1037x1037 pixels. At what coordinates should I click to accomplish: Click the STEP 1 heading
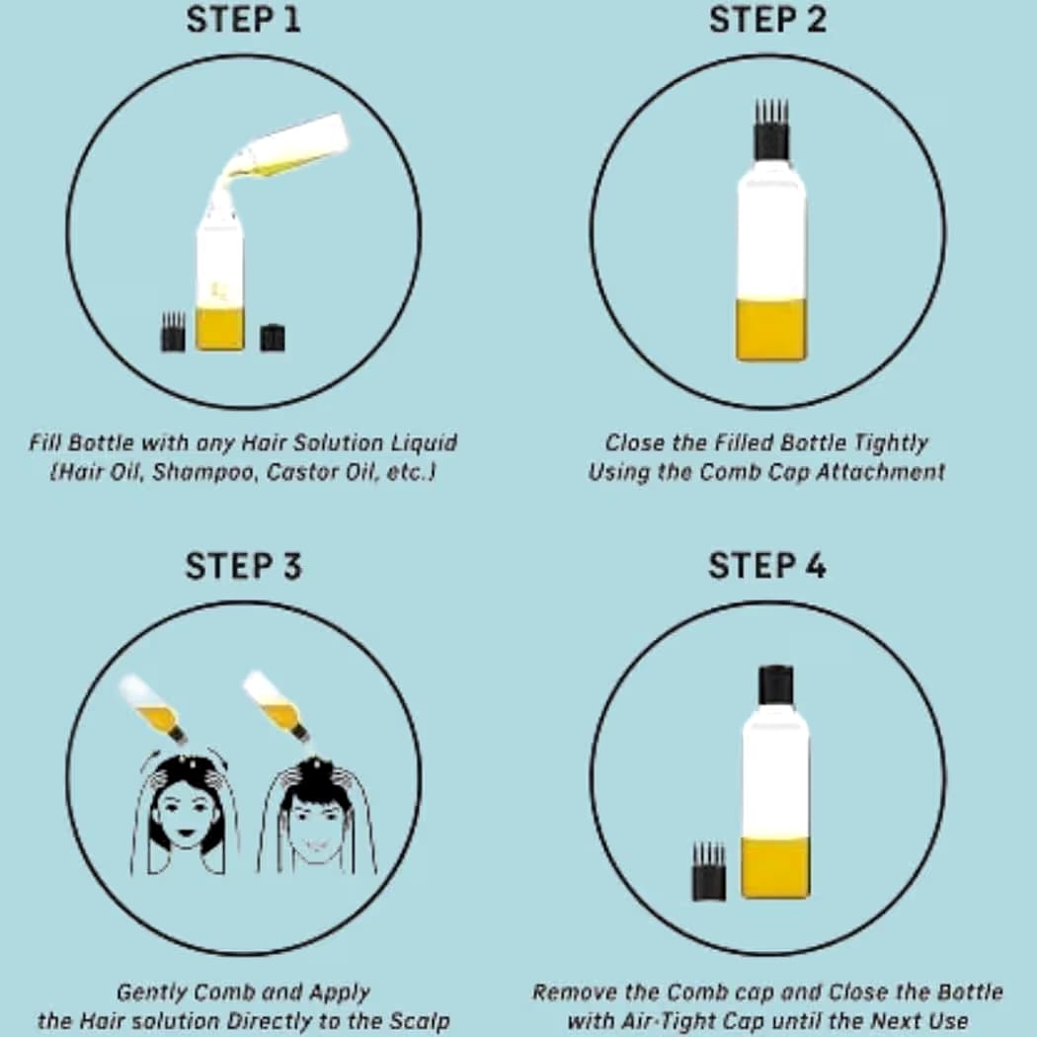click(243, 19)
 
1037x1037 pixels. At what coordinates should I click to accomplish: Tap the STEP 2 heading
click(767, 19)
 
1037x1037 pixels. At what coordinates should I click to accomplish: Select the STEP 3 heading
click(243, 566)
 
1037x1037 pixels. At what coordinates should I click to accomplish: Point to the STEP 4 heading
click(767, 566)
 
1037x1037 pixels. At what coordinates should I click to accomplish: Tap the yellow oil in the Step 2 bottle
click(771, 329)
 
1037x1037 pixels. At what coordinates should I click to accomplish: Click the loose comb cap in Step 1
click(173, 332)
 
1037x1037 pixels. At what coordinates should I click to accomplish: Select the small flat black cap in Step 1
click(273, 338)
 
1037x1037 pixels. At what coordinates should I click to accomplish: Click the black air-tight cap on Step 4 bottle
click(775, 685)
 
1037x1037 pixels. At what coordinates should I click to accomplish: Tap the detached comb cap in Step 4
click(708, 871)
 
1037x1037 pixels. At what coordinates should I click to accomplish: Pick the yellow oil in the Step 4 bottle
click(775, 867)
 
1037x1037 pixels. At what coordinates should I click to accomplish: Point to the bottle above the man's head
click(277, 707)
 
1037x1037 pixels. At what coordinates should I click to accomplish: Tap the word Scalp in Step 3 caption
click(420, 1020)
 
